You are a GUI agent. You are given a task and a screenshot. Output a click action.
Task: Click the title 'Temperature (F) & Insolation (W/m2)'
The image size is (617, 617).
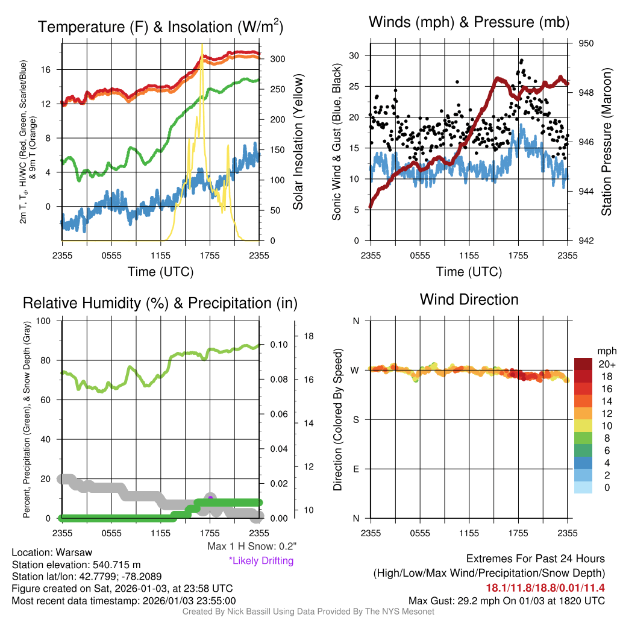click(x=161, y=27)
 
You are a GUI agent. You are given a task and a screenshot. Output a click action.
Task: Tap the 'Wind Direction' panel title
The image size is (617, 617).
click(x=469, y=299)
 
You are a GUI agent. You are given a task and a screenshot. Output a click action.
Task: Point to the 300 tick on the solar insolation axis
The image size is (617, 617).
click(x=277, y=59)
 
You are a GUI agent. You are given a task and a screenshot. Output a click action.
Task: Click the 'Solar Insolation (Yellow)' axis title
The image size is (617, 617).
click(x=298, y=142)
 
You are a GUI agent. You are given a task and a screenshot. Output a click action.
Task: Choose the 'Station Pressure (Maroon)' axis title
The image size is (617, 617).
click(x=606, y=142)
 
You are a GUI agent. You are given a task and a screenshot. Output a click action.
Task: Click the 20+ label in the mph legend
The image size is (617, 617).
click(x=605, y=364)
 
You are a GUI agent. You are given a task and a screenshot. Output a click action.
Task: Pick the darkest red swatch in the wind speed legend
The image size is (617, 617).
click(x=583, y=364)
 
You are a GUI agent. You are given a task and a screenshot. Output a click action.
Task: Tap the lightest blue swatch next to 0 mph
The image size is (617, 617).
click(x=583, y=488)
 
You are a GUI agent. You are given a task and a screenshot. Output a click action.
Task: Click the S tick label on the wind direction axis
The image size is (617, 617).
click(x=356, y=419)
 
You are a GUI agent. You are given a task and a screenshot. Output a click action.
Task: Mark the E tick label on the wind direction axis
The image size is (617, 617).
click(x=356, y=469)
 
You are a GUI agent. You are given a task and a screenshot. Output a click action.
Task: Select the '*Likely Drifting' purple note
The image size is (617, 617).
click(x=261, y=560)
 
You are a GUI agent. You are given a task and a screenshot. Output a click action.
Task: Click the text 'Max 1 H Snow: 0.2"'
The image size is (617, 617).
click(x=252, y=547)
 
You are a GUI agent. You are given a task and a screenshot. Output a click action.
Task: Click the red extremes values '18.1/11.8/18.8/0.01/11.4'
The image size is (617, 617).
click(x=545, y=587)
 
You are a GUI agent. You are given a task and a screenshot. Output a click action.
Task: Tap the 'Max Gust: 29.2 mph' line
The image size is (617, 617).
click(x=506, y=600)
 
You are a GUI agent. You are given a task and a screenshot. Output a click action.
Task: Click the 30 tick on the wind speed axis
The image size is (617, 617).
click(x=354, y=55)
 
